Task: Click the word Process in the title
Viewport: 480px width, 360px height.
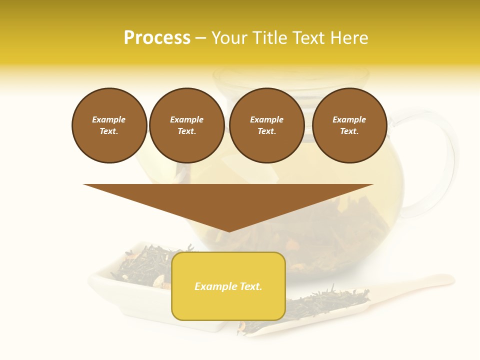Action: (x=157, y=38)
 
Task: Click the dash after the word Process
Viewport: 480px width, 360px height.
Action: (x=200, y=38)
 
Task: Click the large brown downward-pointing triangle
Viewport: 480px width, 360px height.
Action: (x=228, y=200)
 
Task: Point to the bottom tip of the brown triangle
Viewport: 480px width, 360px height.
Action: (x=228, y=230)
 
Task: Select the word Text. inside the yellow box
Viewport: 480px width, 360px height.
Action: (x=250, y=286)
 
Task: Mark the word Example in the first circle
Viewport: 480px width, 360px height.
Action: (x=109, y=119)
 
